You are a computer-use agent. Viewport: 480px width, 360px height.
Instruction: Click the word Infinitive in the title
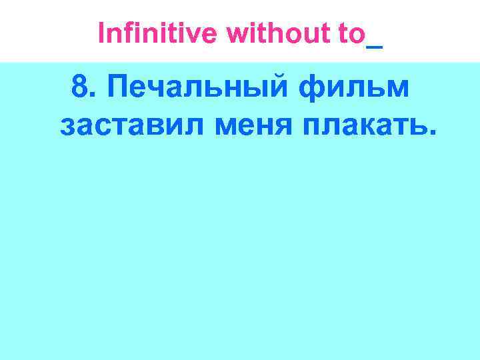click(159, 34)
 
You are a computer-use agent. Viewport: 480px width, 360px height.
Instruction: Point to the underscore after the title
click(375, 45)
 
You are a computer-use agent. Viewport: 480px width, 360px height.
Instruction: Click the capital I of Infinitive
click(101, 34)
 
